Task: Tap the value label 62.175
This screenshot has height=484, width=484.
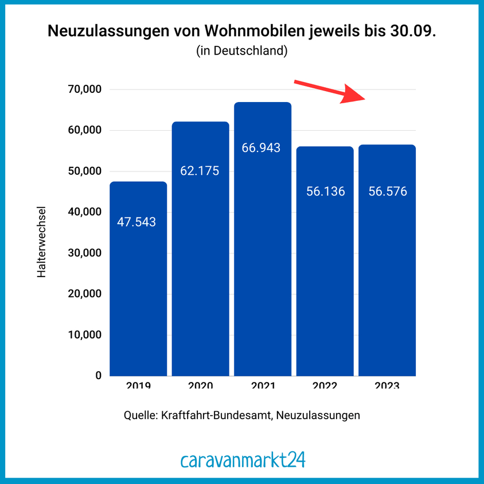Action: point(200,170)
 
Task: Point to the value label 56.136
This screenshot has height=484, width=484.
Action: point(325,192)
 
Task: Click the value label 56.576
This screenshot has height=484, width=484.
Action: point(388,192)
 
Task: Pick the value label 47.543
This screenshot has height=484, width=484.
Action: point(136,222)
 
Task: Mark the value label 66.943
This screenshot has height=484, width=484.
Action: point(261,148)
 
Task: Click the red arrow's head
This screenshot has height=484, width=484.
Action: point(356,96)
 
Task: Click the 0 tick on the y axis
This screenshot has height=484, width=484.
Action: point(98,376)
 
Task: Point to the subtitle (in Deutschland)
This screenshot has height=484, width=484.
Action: point(241,51)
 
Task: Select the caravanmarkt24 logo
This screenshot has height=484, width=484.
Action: point(242,460)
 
